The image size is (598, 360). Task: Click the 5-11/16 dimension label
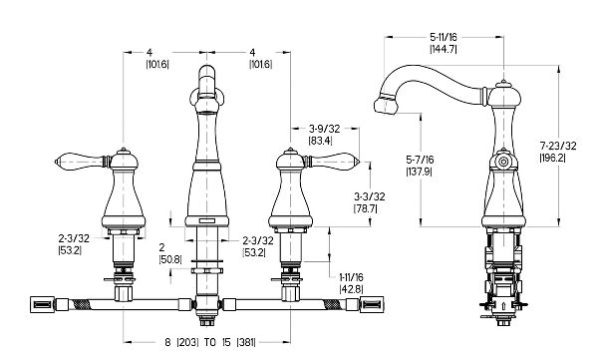point(444,37)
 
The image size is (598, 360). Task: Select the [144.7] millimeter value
point(444,49)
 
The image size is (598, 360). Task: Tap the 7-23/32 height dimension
point(558,146)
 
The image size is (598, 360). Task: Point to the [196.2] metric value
point(553,158)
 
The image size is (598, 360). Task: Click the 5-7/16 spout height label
point(420,160)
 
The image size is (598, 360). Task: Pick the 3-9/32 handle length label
point(324,129)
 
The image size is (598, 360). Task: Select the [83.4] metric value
point(320,141)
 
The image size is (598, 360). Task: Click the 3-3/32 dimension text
point(369,196)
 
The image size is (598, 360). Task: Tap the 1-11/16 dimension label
point(351,277)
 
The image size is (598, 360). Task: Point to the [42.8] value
point(351,289)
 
